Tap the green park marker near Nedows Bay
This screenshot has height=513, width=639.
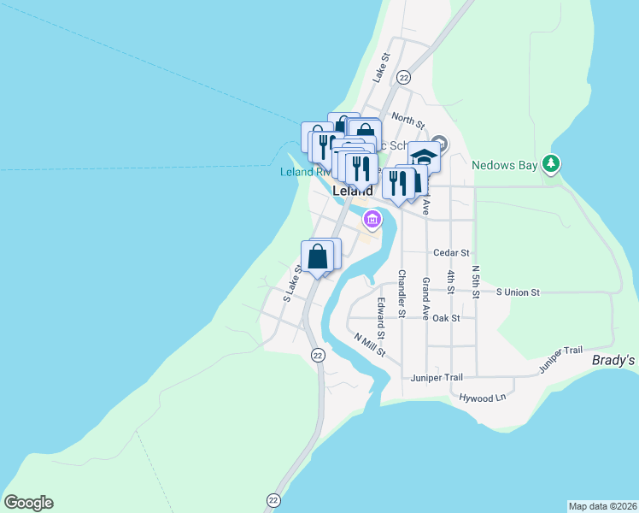(552, 162)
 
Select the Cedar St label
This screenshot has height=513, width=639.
(452, 253)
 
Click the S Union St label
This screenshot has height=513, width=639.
(519, 292)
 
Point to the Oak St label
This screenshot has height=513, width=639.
(446, 318)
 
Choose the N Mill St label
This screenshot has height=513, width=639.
(371, 344)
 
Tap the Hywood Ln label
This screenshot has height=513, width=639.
(483, 398)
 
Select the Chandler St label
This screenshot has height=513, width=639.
(401, 293)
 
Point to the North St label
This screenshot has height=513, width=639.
(408, 121)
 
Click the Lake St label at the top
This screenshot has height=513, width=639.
(381, 68)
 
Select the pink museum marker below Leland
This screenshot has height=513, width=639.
(372, 219)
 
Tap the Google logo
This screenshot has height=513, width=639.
(28, 503)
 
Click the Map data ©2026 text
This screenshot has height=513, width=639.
(602, 506)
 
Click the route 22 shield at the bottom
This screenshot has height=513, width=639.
(273, 500)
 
